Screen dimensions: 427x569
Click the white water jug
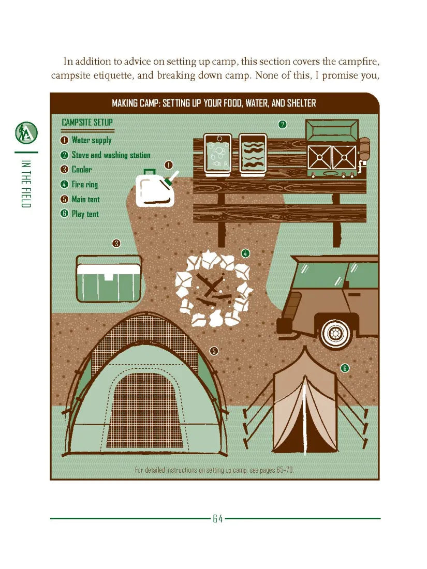click(155, 189)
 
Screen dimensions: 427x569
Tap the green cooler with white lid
click(109, 279)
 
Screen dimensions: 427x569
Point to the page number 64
click(217, 518)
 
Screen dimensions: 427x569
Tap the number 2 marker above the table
click(282, 125)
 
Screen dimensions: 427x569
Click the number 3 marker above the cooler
click(116, 244)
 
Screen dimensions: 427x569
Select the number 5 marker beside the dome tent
click(214, 351)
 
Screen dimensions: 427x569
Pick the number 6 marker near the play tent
click(345, 368)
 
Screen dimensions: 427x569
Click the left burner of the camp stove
click(319, 157)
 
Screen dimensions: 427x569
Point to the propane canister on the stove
click(364, 149)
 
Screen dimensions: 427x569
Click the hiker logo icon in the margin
click(26, 133)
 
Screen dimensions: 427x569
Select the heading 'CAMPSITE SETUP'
click(87, 122)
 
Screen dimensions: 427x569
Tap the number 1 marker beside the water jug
click(169, 165)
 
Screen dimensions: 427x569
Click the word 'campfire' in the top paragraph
click(359, 62)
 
